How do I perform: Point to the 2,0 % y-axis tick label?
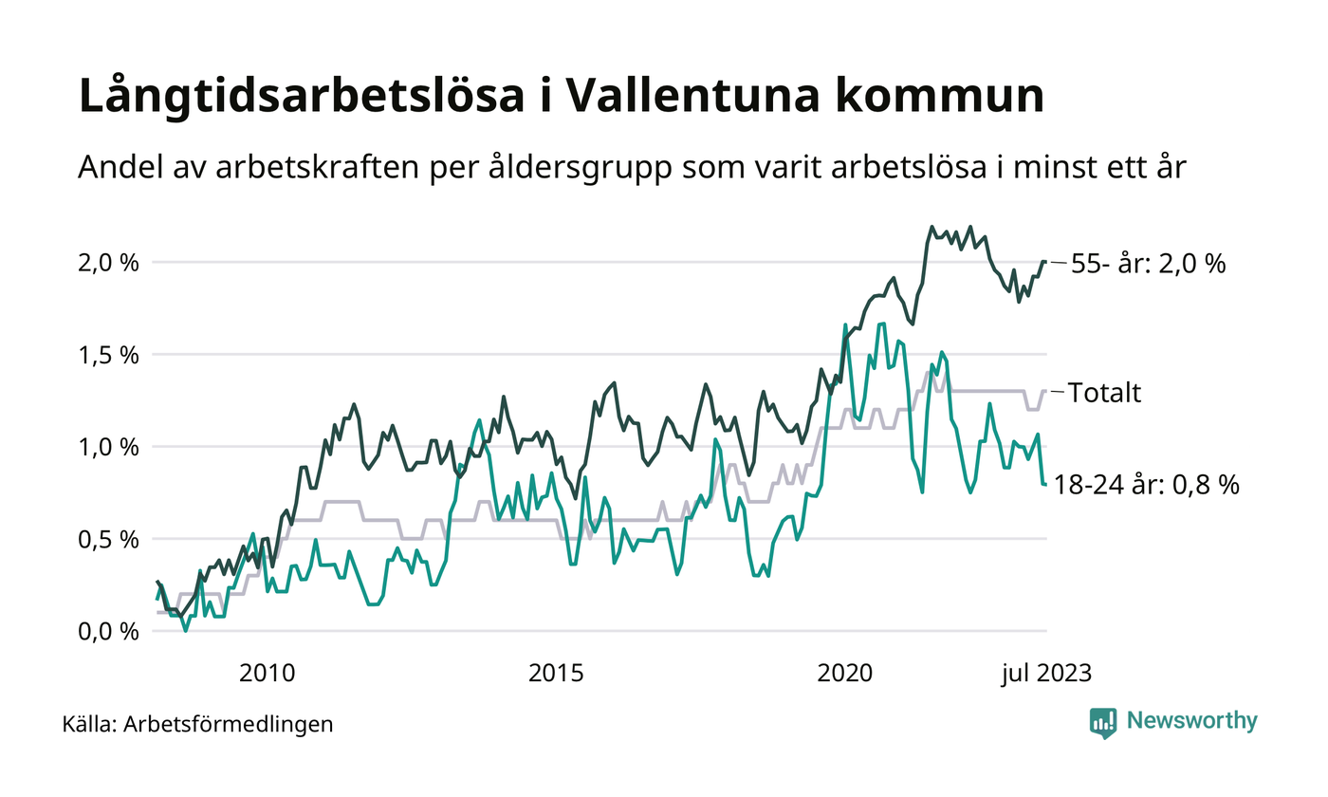(x=106, y=262)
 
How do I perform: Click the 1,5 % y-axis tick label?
(x=106, y=354)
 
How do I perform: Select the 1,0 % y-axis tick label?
(x=106, y=446)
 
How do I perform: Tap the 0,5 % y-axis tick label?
(x=106, y=539)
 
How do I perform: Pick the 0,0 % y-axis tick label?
(x=106, y=631)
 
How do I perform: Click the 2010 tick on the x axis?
(x=267, y=674)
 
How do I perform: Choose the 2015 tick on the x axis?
(x=556, y=674)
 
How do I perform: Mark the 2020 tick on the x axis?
(x=845, y=674)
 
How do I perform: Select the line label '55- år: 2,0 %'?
(x=1148, y=265)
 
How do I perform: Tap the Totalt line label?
(x=1105, y=393)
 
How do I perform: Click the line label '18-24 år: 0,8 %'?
(x=1147, y=485)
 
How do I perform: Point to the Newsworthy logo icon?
(x=1103, y=722)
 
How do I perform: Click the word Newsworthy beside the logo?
(x=1192, y=721)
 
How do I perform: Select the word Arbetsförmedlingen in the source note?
(x=229, y=725)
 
